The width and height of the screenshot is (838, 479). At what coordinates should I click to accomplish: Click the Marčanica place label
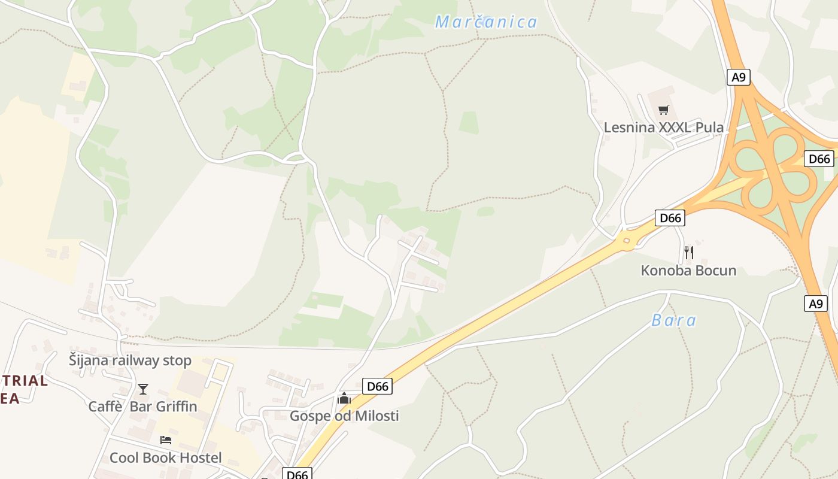486,22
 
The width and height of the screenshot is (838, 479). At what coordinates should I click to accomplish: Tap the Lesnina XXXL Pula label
663,127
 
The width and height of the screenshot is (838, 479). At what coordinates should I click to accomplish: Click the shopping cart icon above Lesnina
663,110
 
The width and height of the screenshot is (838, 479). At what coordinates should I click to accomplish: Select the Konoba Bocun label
688,270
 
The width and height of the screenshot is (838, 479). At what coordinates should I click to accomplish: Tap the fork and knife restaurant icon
688,252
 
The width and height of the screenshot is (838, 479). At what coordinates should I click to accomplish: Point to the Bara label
674,320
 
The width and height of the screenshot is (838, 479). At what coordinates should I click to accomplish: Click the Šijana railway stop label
130,360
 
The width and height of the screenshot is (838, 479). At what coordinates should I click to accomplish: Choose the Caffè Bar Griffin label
142,407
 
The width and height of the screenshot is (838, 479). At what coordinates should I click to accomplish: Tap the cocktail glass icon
142,389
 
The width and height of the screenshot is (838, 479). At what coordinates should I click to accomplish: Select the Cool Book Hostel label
165,458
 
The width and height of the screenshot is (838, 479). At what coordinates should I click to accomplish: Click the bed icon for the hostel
166,440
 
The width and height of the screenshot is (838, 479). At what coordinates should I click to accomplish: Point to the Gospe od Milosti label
344,416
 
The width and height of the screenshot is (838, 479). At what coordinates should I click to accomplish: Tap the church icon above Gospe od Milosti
344,398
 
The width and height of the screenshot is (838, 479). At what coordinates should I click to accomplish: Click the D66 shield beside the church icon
378,386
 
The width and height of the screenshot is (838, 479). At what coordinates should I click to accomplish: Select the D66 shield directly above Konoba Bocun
670,218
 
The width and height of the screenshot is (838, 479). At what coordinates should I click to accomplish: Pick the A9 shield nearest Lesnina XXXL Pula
739,77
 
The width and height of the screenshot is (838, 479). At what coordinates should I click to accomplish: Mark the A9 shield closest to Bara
816,304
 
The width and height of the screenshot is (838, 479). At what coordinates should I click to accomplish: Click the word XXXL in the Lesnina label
679,127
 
